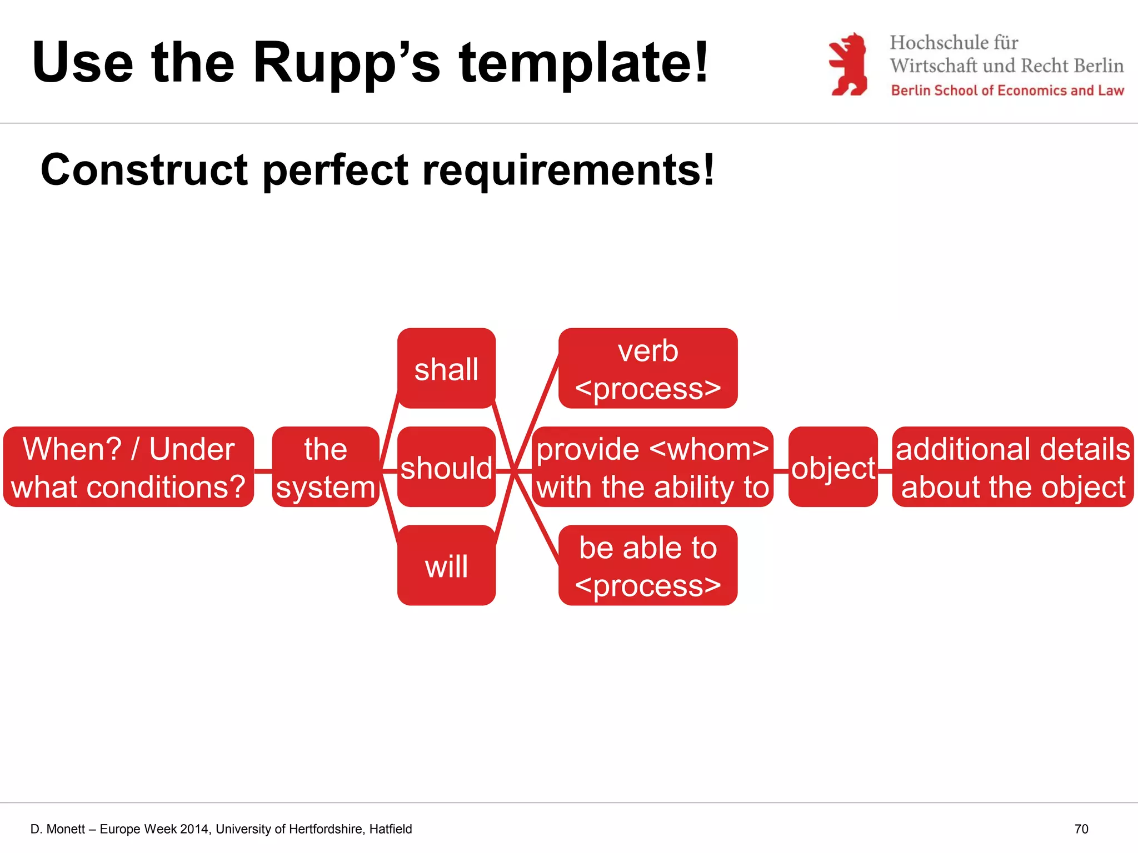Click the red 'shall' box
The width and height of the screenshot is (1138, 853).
[x=446, y=368]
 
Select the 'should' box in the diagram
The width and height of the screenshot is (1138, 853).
[x=446, y=467]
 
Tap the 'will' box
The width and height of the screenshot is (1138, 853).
[x=446, y=565]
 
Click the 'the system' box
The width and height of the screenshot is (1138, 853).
[x=326, y=467]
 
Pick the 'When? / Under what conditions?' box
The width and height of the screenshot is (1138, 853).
[x=128, y=467]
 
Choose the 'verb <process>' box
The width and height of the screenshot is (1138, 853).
[x=648, y=368]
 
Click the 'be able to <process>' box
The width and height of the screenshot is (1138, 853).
[x=648, y=565]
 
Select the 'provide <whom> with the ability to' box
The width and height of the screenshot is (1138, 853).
[x=652, y=467]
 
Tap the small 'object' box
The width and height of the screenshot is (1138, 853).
[x=833, y=467]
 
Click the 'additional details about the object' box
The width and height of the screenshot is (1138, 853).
[x=1012, y=467]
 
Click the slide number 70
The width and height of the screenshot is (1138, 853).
[x=1081, y=829]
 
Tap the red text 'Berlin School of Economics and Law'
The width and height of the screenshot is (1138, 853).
[x=1007, y=91]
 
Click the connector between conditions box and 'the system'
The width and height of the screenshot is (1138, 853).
[x=263, y=471]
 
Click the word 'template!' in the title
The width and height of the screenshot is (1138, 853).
[x=583, y=63]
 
